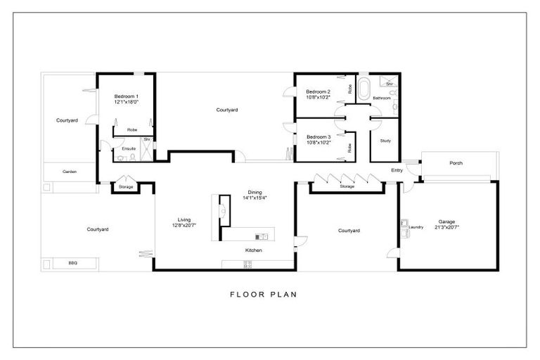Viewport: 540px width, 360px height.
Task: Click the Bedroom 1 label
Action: point(127,96)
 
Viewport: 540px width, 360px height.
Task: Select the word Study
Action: point(385,141)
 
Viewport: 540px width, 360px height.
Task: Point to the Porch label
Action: point(456,163)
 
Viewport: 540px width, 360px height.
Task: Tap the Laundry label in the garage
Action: point(416,227)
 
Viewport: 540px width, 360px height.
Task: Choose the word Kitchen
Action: point(254,250)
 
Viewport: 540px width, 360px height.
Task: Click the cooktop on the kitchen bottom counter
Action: point(247,264)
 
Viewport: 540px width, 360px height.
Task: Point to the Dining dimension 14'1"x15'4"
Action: point(255,198)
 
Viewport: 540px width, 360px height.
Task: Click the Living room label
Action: point(184,219)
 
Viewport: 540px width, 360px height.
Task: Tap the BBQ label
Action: point(72,263)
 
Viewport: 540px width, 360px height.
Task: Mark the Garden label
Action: point(69,172)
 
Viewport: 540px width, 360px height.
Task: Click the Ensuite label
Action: point(129,149)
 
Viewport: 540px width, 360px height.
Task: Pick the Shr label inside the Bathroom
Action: point(389,84)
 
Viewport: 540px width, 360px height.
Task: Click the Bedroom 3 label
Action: point(318,136)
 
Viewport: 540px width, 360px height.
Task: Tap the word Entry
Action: point(397,170)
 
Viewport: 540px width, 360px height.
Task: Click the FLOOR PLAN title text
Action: point(264,295)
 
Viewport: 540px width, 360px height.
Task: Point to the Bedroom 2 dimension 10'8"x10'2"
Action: point(319,98)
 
